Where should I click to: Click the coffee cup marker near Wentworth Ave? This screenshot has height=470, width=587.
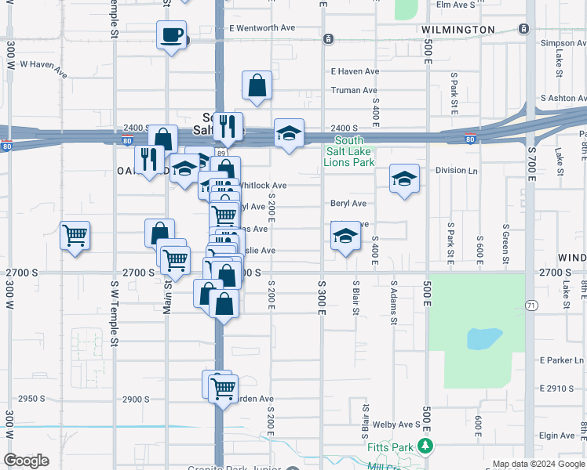(x=172, y=35)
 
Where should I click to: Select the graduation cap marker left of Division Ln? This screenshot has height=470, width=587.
(x=403, y=179)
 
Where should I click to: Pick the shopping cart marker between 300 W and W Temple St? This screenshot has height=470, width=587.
(x=75, y=235)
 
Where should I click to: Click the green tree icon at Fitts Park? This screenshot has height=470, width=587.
(x=425, y=446)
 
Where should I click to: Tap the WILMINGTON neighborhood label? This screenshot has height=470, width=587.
(x=458, y=30)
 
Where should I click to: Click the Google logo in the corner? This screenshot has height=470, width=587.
(x=26, y=461)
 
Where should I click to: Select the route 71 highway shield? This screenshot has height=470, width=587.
(x=531, y=305)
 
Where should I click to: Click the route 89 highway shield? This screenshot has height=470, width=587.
(x=222, y=154)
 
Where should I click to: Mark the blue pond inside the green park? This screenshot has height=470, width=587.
(x=484, y=338)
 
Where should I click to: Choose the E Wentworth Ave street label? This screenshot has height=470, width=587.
(x=262, y=28)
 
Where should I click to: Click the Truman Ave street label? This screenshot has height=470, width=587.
(x=355, y=91)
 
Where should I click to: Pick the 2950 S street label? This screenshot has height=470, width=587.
(x=32, y=399)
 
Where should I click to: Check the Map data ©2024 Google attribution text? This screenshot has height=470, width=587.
(x=528, y=464)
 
